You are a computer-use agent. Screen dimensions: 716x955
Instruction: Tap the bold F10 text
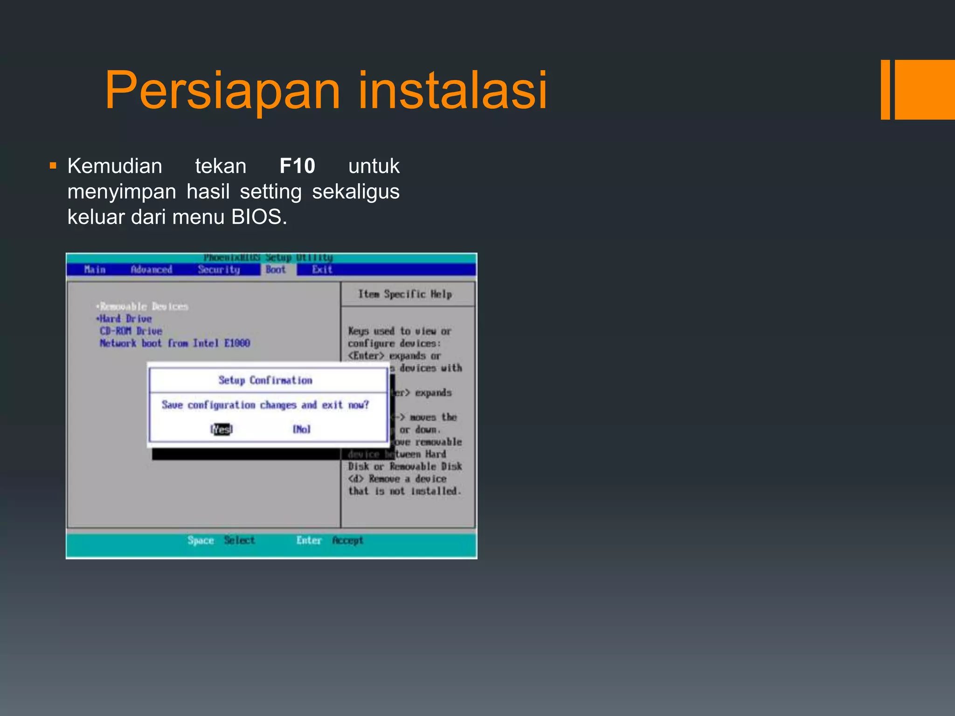pyautogui.click(x=297, y=166)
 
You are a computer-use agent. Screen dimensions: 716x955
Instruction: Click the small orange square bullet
pyautogui.click(x=53, y=165)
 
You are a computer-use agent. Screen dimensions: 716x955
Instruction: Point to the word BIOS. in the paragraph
pyautogui.click(x=259, y=217)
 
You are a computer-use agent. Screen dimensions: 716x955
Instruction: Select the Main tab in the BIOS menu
pyautogui.click(x=95, y=269)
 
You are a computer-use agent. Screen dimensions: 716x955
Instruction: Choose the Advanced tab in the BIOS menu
pyautogui.click(x=151, y=269)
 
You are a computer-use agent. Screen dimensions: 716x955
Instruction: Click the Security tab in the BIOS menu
pyautogui.click(x=218, y=269)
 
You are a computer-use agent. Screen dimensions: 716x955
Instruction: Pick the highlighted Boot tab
pyautogui.click(x=276, y=269)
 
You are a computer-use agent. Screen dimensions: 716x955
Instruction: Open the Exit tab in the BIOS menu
pyautogui.click(x=322, y=269)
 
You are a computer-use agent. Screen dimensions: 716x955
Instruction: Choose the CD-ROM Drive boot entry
pyautogui.click(x=131, y=331)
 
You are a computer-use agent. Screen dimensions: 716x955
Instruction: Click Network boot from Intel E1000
pyautogui.click(x=174, y=343)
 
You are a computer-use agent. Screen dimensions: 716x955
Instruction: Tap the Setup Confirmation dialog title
pyautogui.click(x=265, y=380)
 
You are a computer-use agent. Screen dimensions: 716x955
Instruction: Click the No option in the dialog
pyautogui.click(x=301, y=429)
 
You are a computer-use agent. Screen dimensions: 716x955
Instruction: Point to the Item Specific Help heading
pyautogui.click(x=405, y=294)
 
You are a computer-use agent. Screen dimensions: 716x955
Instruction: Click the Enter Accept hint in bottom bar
pyautogui.click(x=329, y=540)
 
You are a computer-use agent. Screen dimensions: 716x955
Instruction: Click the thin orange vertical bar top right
pyautogui.click(x=885, y=89)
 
